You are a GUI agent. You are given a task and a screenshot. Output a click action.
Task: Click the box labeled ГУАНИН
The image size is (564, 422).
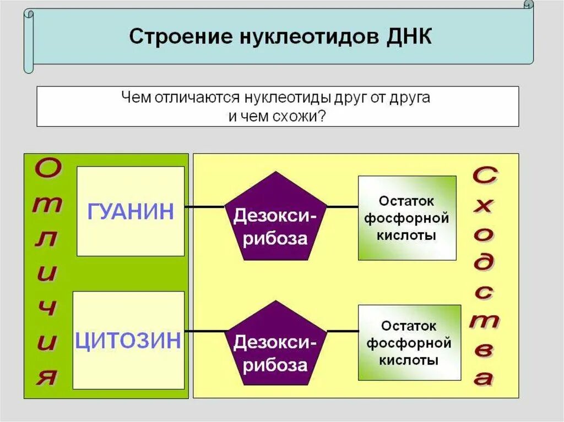click(131, 211)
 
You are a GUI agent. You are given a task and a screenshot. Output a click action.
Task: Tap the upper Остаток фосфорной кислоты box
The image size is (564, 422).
click(407, 218)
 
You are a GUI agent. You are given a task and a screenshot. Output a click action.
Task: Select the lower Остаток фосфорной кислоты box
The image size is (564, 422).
click(409, 343)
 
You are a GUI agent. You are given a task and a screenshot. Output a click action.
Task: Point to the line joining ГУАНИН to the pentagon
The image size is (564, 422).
click(204, 207)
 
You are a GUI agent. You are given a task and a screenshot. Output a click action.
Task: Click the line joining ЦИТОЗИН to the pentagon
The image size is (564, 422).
click(204, 331)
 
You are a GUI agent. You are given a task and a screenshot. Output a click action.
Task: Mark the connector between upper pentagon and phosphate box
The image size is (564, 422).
click(343, 207)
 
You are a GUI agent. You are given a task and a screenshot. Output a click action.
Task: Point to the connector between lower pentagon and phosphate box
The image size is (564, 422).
click(343, 331)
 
